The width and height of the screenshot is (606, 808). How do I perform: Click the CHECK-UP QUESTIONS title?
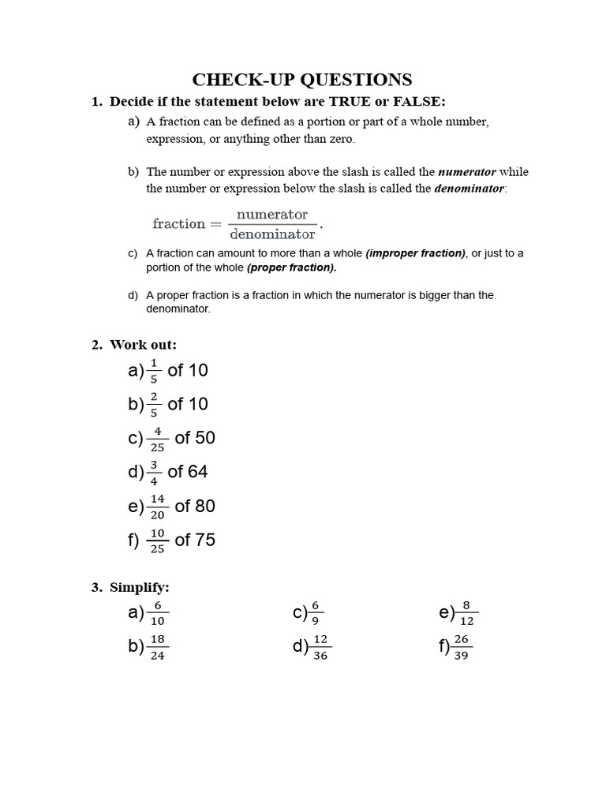(303, 80)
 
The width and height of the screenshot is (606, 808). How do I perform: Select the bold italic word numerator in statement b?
(466, 171)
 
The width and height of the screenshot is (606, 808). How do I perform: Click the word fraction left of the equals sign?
(179, 224)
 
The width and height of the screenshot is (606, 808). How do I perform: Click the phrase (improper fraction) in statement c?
(416, 253)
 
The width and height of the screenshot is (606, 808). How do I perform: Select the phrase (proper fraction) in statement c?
(291, 267)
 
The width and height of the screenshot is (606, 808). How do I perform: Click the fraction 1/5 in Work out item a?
(154, 370)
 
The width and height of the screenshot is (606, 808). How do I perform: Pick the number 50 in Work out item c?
(204, 438)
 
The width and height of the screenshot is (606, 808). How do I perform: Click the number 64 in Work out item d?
(198, 472)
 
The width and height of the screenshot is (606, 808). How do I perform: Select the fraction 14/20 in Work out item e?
(157, 507)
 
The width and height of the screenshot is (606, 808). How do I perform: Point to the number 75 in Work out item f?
(204, 541)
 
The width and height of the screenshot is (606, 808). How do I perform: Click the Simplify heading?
(140, 587)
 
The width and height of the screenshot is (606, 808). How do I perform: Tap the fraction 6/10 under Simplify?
(157, 613)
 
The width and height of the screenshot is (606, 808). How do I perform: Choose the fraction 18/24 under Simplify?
(157, 647)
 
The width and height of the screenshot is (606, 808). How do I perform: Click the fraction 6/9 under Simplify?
(315, 613)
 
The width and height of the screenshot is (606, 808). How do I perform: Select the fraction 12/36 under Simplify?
(320, 647)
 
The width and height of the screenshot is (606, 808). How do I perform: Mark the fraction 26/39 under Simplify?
(462, 647)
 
